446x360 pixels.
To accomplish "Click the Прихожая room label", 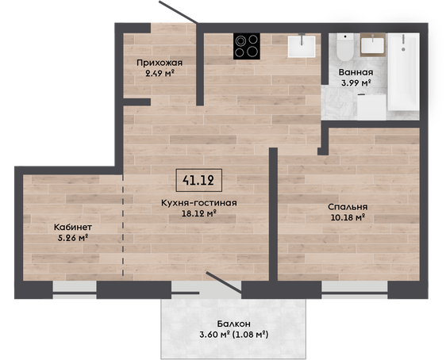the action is (x=160, y=63).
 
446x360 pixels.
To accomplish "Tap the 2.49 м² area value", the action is (x=160, y=74).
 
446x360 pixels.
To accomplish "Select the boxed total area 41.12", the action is (x=198, y=180).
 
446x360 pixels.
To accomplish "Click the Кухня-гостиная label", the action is (x=199, y=203).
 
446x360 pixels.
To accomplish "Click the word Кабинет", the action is (x=73, y=228).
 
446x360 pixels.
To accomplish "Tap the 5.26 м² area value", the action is (x=72, y=238).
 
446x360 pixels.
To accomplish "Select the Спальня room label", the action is (x=348, y=207).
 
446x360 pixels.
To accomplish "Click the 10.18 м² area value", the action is (x=348, y=217).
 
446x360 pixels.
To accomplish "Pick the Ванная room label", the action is (x=356, y=72).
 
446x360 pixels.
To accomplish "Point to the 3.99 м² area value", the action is (x=356, y=83).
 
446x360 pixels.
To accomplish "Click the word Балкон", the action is (x=234, y=324).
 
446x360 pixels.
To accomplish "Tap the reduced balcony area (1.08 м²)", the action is (x=251, y=335).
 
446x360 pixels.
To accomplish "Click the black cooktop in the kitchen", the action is (x=247, y=46).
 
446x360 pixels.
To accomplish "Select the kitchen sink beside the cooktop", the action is (x=302, y=46).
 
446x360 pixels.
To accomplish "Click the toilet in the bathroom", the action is (x=344, y=47).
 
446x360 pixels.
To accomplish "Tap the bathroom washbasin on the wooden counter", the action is (x=373, y=44).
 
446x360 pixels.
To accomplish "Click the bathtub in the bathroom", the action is (x=403, y=72).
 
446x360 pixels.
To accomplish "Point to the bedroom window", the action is (x=355, y=289).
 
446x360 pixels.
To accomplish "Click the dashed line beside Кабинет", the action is (x=123, y=224).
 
